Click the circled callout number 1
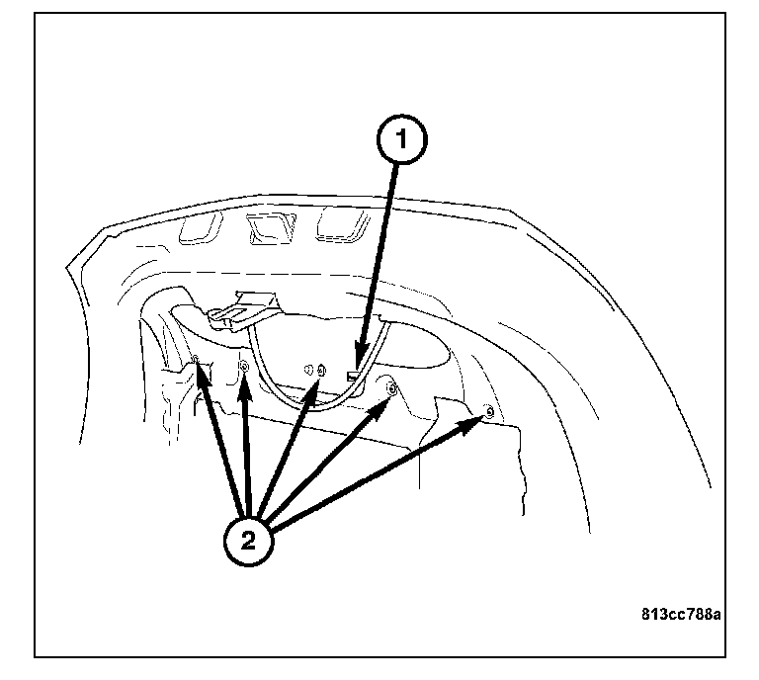(402, 139)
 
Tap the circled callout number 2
(248, 541)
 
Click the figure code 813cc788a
(681, 614)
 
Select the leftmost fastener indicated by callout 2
(196, 359)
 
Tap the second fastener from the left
(244, 367)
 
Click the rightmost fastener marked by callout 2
(489, 412)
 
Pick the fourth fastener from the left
(391, 388)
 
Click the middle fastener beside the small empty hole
(321, 371)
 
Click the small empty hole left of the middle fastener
(308, 371)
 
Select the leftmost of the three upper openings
(201, 227)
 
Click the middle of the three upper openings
(271, 228)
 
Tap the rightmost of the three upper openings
(343, 224)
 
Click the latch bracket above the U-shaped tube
(244, 311)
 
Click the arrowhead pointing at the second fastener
(245, 388)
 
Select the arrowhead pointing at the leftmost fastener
(203, 378)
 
